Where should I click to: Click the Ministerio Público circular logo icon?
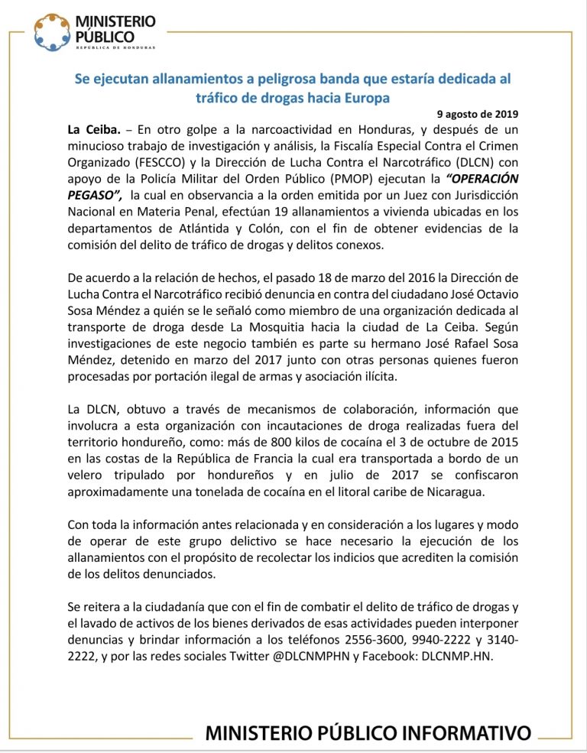(54, 31)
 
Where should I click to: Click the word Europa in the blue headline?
(362, 98)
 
